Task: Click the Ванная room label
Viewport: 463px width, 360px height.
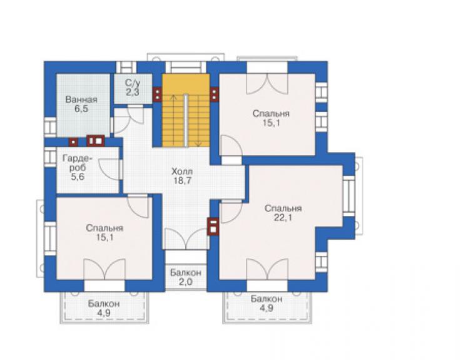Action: point(81,100)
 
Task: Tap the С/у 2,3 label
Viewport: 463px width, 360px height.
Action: point(133,88)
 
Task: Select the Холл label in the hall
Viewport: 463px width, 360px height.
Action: point(182,171)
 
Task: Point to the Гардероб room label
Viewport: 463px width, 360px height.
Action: point(78,163)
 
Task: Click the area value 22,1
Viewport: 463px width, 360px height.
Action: point(283,218)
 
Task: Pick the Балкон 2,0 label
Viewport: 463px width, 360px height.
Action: point(186,277)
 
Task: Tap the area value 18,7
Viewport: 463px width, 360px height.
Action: point(182,180)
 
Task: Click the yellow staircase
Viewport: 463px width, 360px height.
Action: point(186,110)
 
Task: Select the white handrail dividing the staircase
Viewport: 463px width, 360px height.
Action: point(186,120)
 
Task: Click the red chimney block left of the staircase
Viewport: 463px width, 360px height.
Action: point(158,95)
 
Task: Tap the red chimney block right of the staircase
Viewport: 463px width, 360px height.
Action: point(215,95)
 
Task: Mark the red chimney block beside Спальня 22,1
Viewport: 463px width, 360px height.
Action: point(213,227)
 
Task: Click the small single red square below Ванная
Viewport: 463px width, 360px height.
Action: point(73,142)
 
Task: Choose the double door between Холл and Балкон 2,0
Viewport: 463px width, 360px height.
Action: point(186,239)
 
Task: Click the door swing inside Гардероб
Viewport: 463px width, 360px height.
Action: point(110,169)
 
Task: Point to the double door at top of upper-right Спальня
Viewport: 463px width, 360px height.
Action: point(267,85)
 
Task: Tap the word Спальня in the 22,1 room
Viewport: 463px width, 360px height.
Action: point(283,208)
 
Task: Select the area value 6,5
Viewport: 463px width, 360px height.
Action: point(81,109)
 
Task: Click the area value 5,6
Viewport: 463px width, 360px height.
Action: point(78,177)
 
